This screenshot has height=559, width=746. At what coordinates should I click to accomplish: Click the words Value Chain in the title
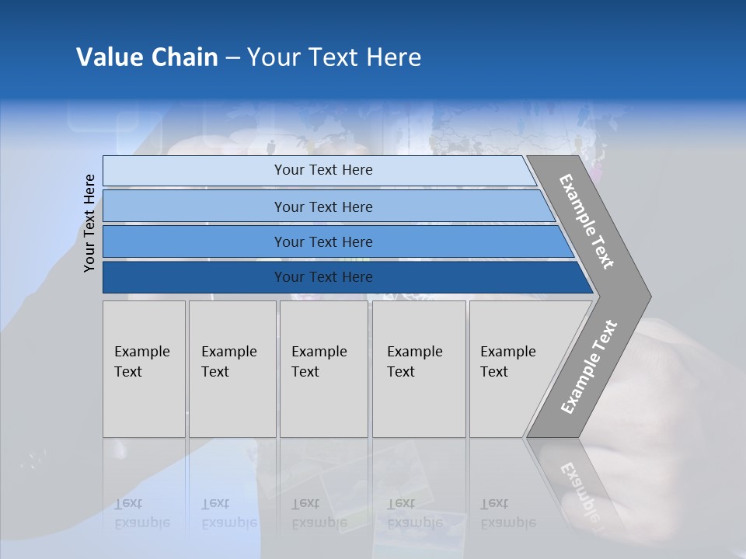coord(147,57)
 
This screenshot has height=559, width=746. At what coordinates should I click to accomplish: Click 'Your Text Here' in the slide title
coord(334,57)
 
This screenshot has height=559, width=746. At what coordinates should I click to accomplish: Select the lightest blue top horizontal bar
coord(194,170)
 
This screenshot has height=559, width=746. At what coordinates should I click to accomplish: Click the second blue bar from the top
coord(194,207)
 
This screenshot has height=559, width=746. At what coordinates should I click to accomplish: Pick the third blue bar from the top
coord(194,241)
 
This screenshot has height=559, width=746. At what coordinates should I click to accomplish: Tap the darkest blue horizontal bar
coord(194,277)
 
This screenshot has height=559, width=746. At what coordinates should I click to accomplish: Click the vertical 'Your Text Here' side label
coord(89,223)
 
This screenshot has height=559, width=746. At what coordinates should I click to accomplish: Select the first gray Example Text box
coord(144,369)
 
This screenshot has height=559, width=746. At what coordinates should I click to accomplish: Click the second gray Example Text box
coord(232,369)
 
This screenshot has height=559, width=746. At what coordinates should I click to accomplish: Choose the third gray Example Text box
coord(323,369)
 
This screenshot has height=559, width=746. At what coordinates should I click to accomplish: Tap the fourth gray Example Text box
coord(418,369)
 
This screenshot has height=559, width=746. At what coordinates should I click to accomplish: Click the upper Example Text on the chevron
coord(587,221)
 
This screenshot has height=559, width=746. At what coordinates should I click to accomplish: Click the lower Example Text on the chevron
coord(589,366)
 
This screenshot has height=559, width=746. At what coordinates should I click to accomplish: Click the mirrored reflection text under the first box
coord(141,513)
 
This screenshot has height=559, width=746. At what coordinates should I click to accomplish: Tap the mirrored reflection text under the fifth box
coord(507,513)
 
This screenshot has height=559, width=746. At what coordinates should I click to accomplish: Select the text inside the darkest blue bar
coord(323,277)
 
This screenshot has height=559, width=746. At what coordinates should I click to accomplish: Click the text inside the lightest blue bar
coord(323,170)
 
